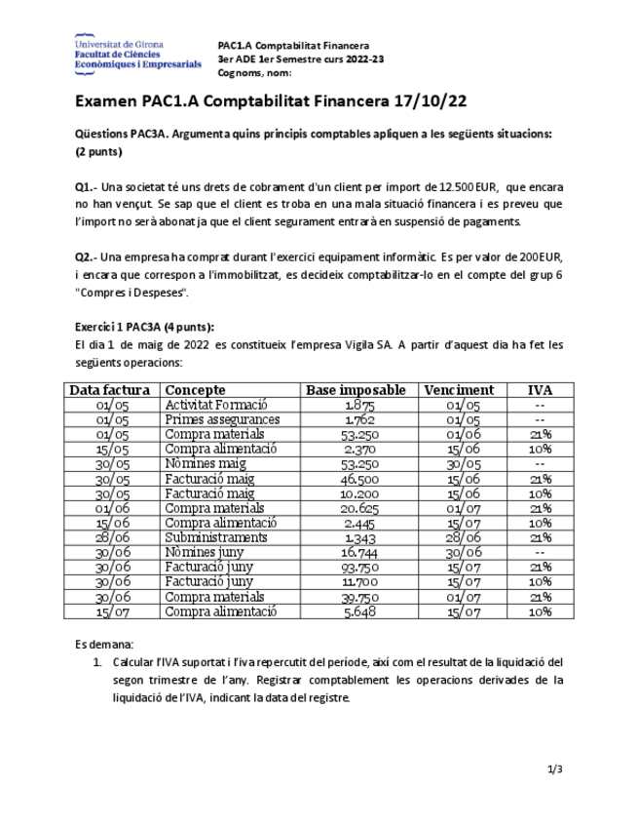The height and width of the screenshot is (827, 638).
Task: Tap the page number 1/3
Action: tap(554, 769)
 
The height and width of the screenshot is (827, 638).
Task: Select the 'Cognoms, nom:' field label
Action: tap(254, 73)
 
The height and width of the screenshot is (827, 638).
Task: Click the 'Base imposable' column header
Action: tap(356, 390)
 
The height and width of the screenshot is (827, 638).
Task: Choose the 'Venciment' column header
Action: tap(459, 390)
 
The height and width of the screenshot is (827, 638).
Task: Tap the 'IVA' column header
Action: tap(540, 390)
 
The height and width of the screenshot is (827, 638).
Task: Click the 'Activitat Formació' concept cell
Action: tap(216, 405)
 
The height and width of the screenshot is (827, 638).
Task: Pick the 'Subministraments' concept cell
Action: tap(215, 537)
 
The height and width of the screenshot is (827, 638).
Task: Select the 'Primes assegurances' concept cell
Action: tap(222, 419)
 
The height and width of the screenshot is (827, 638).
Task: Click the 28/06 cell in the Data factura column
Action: tap(113, 537)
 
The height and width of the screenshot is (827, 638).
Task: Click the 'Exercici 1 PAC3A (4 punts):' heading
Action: tap(144, 327)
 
